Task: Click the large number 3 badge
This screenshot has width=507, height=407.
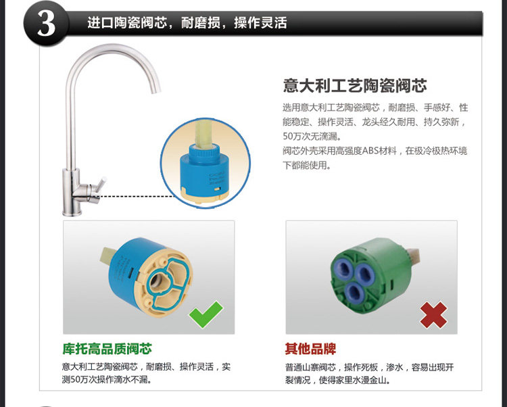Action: click(46, 24)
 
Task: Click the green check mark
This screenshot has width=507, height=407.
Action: click(206, 314)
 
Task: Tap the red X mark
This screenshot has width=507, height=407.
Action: click(433, 315)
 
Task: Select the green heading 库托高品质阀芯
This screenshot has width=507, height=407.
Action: click(107, 349)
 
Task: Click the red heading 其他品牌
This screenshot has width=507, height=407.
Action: click(310, 349)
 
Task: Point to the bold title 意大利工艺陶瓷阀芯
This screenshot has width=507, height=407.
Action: click(355, 86)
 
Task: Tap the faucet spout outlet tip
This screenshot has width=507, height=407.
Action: click(157, 91)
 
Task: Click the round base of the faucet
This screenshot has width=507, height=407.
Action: click(72, 212)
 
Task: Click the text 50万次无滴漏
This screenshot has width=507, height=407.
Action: click(312, 137)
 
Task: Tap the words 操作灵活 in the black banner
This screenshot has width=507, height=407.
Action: click(261, 23)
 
